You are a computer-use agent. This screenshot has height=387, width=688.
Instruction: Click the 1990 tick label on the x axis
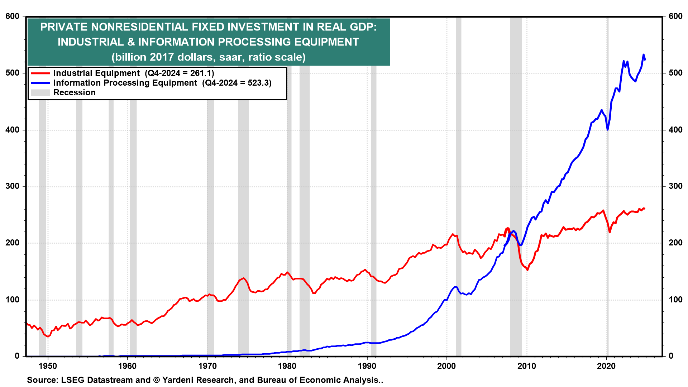pyautogui.click(x=367, y=366)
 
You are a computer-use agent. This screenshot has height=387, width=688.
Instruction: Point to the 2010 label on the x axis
pyautogui.click(x=527, y=366)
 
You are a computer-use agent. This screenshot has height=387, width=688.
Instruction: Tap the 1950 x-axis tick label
pyautogui.click(x=48, y=366)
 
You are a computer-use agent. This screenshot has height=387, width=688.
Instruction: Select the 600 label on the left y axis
pyautogui.click(x=13, y=16)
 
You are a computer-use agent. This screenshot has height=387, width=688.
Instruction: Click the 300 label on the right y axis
pyautogui.click(x=675, y=186)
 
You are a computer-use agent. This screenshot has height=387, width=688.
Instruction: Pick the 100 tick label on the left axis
pyautogui.click(x=13, y=300)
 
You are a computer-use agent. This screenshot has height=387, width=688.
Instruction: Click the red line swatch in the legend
pyautogui.click(x=40, y=73)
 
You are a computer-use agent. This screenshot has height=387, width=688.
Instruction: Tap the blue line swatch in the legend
pyautogui.click(x=40, y=83)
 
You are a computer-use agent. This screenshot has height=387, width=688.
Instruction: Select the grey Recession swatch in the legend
pyautogui.click(x=40, y=93)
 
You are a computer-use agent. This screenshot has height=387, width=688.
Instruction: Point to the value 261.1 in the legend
pyautogui.click(x=201, y=73)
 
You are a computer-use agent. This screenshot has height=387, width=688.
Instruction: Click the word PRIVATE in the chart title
pyautogui.click(x=64, y=27)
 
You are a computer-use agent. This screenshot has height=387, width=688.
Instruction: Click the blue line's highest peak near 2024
pyautogui.click(x=644, y=54)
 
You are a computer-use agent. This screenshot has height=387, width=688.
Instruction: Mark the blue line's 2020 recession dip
pyautogui.click(x=608, y=129)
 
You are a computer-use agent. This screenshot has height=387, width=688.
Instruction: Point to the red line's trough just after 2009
pyautogui.click(x=527, y=270)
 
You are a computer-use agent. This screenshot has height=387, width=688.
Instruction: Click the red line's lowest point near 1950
pyautogui.click(x=48, y=336)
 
